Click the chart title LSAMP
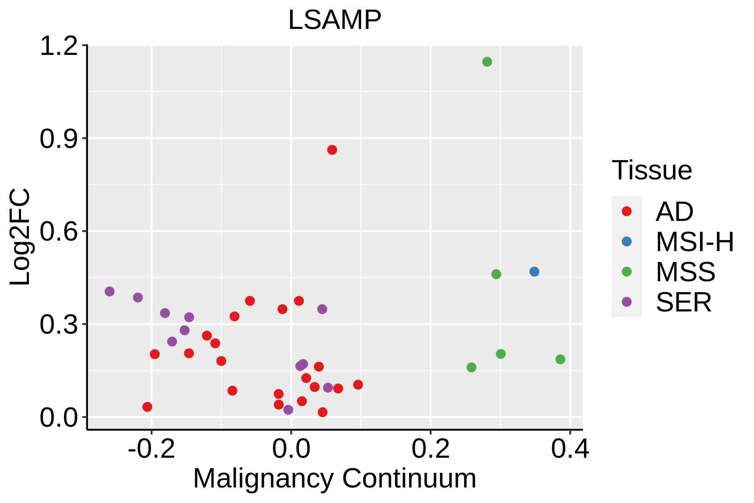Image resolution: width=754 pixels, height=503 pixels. (x=334, y=20)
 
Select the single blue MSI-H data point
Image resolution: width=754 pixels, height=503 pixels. (x=534, y=272)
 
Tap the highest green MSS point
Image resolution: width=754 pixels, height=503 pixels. (x=487, y=62)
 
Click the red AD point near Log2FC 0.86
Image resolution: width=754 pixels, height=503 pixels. (x=332, y=150)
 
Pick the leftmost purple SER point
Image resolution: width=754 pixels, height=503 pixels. (x=109, y=291)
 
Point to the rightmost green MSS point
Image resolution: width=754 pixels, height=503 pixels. (x=560, y=359)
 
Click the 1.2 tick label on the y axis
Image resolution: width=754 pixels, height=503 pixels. (x=59, y=46)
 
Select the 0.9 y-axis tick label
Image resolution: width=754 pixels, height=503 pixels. (x=59, y=139)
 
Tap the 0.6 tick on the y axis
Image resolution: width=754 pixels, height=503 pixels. (x=59, y=232)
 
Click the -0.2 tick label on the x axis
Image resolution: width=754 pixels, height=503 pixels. (x=151, y=449)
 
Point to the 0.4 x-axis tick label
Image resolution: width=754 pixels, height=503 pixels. (x=570, y=449)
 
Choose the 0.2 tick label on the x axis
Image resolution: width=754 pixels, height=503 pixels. (x=430, y=449)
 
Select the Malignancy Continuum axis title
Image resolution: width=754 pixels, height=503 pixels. (x=334, y=478)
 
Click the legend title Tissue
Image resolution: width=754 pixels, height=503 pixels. (x=652, y=170)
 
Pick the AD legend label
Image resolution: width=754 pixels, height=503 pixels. (x=674, y=212)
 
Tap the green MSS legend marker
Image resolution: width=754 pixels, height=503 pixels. (x=626, y=272)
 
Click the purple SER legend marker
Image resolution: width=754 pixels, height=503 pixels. (x=626, y=302)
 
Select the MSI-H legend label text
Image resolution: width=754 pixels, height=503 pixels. (x=695, y=242)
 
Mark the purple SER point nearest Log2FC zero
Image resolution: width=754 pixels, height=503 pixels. (x=288, y=410)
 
